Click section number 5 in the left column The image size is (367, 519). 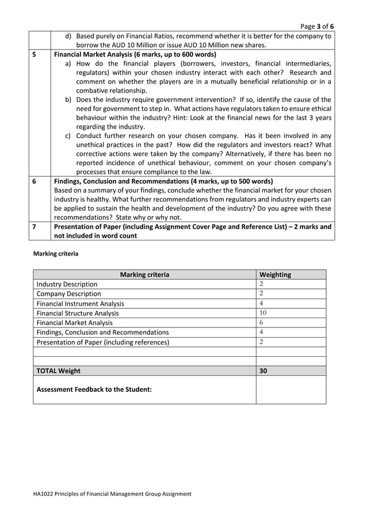point(35,55)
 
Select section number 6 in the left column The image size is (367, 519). point(35,181)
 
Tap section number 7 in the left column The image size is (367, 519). point(35,227)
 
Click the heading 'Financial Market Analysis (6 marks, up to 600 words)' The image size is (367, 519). point(135,55)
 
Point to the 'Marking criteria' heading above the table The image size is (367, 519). point(56,253)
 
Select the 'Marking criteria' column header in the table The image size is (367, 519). point(144,274)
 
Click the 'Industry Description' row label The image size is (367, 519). point(67,284)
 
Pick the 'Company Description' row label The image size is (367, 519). point(68,293)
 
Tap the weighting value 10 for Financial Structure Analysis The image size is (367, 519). point(263,313)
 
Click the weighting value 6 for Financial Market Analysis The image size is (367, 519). point(261,323)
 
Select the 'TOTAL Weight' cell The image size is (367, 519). point(58,371)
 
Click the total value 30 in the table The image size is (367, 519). point(263,371)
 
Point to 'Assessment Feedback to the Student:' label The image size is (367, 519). point(94,390)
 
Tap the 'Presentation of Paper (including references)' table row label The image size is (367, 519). point(103,342)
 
